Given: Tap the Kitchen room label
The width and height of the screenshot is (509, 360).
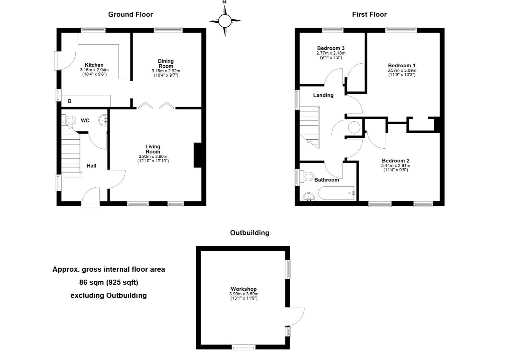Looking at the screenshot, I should coord(94,65).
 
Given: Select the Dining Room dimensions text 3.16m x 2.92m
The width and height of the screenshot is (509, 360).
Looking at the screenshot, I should coord(166,71).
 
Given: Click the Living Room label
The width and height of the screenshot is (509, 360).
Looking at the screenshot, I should coord(153,149).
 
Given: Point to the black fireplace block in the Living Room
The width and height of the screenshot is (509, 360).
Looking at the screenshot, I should coord(198,155).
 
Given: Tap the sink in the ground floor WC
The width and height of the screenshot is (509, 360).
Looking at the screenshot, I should coord(104,120).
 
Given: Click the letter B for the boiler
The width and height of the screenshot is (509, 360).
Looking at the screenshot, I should coord(70,101).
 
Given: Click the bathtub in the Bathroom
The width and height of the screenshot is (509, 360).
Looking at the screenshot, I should coord(336,193).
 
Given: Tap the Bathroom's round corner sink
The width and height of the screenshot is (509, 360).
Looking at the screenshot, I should coord(309,197).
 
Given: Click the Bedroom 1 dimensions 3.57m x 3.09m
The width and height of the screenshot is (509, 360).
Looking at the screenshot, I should coord(401,71).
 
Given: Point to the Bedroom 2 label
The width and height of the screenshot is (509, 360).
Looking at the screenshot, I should coord(395,161).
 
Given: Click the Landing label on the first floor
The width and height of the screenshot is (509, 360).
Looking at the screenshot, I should coord(323,95).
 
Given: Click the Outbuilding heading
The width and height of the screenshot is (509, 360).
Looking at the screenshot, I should coord(250,233).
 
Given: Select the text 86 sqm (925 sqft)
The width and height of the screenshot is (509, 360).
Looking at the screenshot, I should coord(109,282).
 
